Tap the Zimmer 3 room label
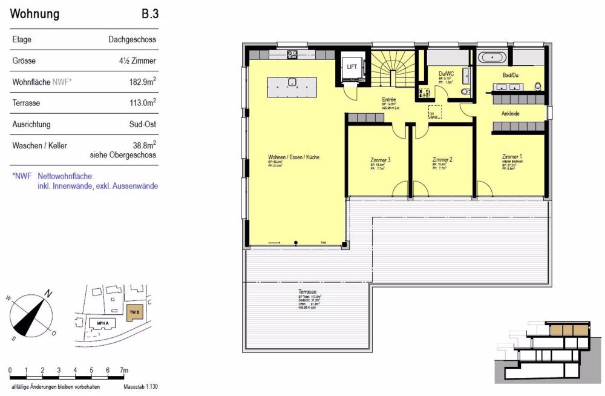[380, 160]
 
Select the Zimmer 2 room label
[442, 160]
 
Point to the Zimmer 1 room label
[512, 157]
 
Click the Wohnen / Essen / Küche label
[293, 157]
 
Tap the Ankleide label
[510, 113]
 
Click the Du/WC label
[446, 73]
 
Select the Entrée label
[389, 99]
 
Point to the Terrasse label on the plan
[306, 292]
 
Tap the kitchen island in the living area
[292, 87]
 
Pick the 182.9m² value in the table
[141, 82]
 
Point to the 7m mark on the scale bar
[123, 370]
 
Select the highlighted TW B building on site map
[134, 312]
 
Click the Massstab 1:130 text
[140, 386]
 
